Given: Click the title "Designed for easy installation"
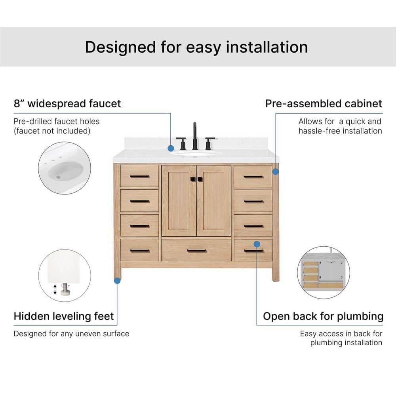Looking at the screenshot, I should click(196, 47).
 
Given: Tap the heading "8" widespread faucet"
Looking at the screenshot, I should click(67, 104).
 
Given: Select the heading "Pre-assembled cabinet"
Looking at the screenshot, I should click(324, 104).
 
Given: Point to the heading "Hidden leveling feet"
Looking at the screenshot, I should click(64, 316).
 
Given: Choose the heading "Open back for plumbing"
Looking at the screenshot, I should click(323, 316).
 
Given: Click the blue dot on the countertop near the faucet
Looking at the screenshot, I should click(171, 148).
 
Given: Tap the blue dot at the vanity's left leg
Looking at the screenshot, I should click(117, 280).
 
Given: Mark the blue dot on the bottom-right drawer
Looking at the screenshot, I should click(257, 244).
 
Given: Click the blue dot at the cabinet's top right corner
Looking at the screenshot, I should click(276, 171).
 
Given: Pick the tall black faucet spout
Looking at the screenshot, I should click(195, 135).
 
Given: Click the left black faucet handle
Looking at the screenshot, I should click(182, 143).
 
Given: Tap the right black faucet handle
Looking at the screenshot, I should click(209, 143).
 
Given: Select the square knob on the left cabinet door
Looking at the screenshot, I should click(192, 179).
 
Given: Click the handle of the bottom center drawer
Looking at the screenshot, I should click(196, 250).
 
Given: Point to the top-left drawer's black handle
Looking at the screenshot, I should click(139, 176).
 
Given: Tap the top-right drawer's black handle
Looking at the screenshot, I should click(253, 176).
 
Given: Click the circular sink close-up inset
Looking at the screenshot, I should click(65, 168).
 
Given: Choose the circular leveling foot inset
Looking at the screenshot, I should click(65, 275).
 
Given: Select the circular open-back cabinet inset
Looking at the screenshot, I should click(324, 272).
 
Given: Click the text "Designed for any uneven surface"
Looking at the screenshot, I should click(71, 333).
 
